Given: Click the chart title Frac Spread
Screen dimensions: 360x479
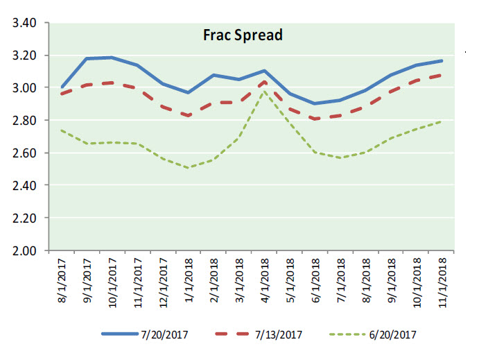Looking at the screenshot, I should [x=243, y=35].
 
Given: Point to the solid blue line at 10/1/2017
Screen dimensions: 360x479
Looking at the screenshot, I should [x=113, y=58].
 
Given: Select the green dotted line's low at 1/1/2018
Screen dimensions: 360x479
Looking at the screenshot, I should [x=189, y=168].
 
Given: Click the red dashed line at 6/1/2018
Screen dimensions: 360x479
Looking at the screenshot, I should [x=316, y=119].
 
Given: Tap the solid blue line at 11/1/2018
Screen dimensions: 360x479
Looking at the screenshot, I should [x=442, y=60].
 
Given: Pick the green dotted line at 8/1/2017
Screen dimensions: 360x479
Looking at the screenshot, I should [x=62, y=130].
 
